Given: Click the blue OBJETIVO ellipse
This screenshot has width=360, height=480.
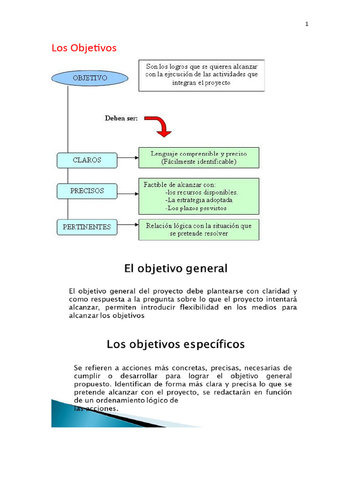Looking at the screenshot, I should [x=90, y=78].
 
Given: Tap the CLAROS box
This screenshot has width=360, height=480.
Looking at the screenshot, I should [x=87, y=160].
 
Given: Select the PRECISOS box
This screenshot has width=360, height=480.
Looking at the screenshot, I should [x=87, y=191].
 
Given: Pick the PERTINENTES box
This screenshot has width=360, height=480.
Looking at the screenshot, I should [x=87, y=227].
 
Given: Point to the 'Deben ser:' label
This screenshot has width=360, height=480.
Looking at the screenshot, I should [x=121, y=118].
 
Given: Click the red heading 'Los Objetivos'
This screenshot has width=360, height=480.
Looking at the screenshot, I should [x=84, y=48].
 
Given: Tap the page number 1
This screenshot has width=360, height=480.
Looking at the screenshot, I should [x=307, y=24].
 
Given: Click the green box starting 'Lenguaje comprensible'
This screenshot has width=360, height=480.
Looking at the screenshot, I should [x=199, y=157].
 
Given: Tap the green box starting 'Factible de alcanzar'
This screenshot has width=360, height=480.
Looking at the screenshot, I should [x=199, y=196].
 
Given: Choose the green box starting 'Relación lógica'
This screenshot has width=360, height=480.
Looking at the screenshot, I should [x=199, y=229].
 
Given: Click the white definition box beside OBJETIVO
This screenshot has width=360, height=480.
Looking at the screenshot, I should [x=202, y=75].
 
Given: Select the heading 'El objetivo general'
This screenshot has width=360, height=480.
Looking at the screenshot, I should [x=176, y=269].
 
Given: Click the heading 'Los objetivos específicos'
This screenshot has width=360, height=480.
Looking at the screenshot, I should [x=176, y=345].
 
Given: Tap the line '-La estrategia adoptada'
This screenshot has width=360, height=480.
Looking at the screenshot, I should [x=199, y=200].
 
